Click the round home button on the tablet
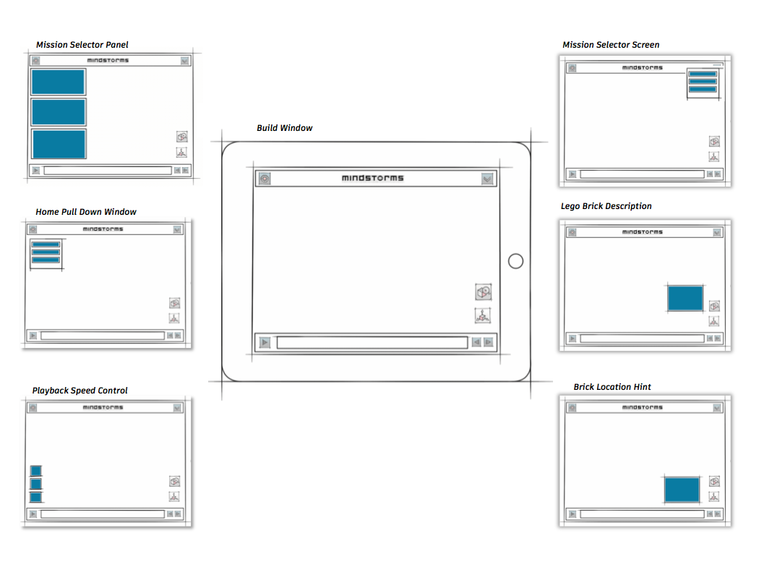click(x=515, y=261)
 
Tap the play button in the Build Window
click(x=265, y=342)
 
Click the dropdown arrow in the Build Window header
click(x=487, y=179)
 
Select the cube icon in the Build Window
click(x=483, y=292)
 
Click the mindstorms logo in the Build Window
click(x=372, y=178)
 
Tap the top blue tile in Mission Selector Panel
click(x=58, y=81)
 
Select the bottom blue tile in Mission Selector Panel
click(x=59, y=144)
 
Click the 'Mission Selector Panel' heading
click(x=82, y=45)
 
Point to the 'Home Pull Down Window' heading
click(x=86, y=212)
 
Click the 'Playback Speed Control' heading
click(x=80, y=391)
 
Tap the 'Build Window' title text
click(x=285, y=128)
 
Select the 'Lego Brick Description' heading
click(x=606, y=206)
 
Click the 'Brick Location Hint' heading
click(x=612, y=386)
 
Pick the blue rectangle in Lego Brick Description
click(x=685, y=298)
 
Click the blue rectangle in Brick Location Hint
click(x=682, y=490)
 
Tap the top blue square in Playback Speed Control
click(x=36, y=471)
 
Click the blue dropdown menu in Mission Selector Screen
click(x=703, y=82)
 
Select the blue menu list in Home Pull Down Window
click(x=46, y=252)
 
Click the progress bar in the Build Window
click(x=372, y=342)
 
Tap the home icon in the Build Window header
click(x=265, y=179)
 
